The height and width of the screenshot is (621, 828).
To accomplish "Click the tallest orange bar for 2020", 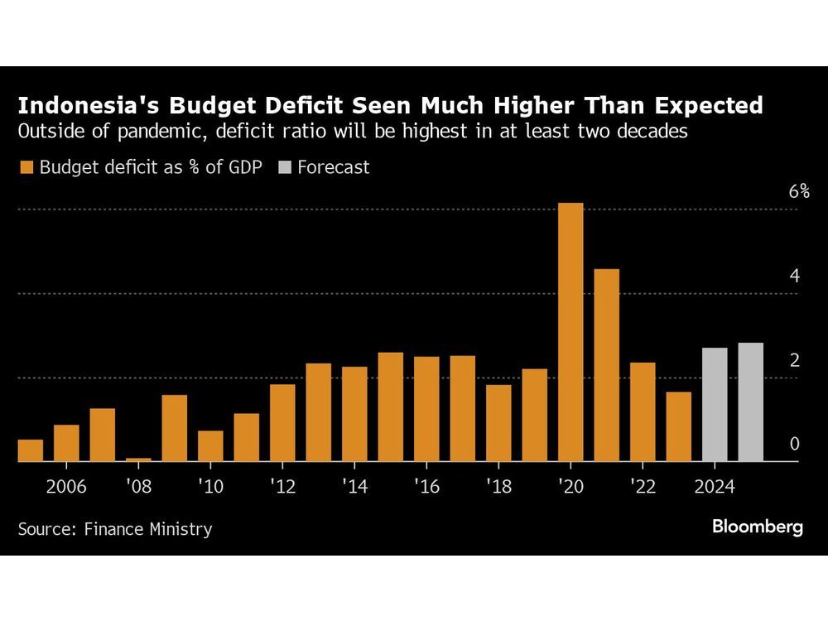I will pyautogui.click(x=570, y=331).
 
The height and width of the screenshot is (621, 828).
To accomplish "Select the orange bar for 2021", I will pyautogui.click(x=606, y=365).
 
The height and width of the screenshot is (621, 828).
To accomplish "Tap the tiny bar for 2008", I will pyautogui.click(x=138, y=460).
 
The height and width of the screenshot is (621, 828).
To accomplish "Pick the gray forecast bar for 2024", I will pyautogui.click(x=715, y=404).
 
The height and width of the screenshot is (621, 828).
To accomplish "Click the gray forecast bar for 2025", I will pyautogui.click(x=750, y=402).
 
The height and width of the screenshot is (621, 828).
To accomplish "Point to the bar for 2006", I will pyautogui.click(x=66, y=443).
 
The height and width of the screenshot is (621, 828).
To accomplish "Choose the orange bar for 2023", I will pyautogui.click(x=678, y=426).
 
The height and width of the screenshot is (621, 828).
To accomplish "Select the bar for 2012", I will pyautogui.click(x=282, y=422).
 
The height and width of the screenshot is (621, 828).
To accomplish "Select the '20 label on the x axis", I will pyautogui.click(x=570, y=486).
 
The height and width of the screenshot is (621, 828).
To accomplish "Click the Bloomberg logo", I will pyautogui.click(x=757, y=527).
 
